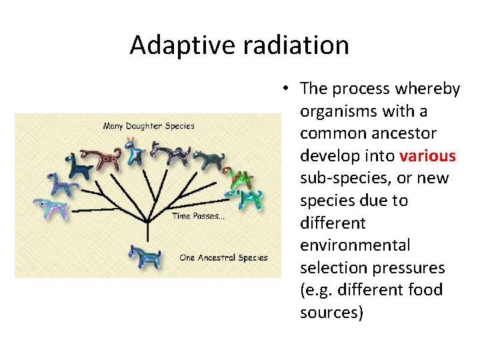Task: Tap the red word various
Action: [x=427, y=156]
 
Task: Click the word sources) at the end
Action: [x=331, y=313]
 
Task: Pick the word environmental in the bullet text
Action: [x=355, y=245]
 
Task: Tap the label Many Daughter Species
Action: [x=149, y=125]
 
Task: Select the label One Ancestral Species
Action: [x=223, y=257]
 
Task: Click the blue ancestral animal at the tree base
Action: [x=144, y=256]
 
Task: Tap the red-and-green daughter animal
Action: [x=238, y=177]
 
